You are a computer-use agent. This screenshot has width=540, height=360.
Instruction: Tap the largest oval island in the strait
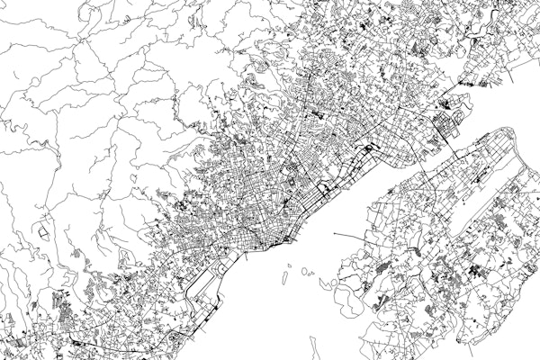[309, 271]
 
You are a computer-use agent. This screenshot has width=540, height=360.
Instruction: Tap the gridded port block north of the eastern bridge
[446, 121]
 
